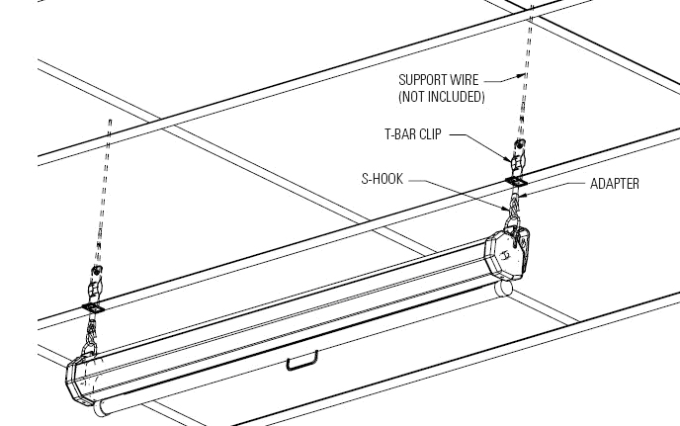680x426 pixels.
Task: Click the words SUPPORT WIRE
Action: (x=438, y=80)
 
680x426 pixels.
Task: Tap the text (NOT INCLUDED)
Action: (x=441, y=96)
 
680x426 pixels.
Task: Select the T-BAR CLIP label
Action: (x=413, y=134)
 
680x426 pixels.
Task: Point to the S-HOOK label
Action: (x=382, y=179)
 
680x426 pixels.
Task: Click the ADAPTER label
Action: (x=615, y=184)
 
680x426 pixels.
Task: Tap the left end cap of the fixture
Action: (x=79, y=381)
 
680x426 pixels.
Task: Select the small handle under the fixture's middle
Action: (x=301, y=362)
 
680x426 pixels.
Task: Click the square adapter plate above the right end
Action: (x=517, y=181)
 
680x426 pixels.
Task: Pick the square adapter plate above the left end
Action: (x=93, y=308)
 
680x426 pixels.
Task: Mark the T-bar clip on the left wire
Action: (x=95, y=285)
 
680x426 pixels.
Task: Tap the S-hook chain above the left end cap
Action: (x=90, y=335)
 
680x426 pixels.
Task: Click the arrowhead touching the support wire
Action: (x=521, y=76)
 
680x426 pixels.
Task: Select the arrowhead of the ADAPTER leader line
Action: (x=522, y=196)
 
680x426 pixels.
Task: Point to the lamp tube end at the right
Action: (x=504, y=288)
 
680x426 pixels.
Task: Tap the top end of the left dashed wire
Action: (x=110, y=121)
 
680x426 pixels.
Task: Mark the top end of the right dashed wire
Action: (x=532, y=7)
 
